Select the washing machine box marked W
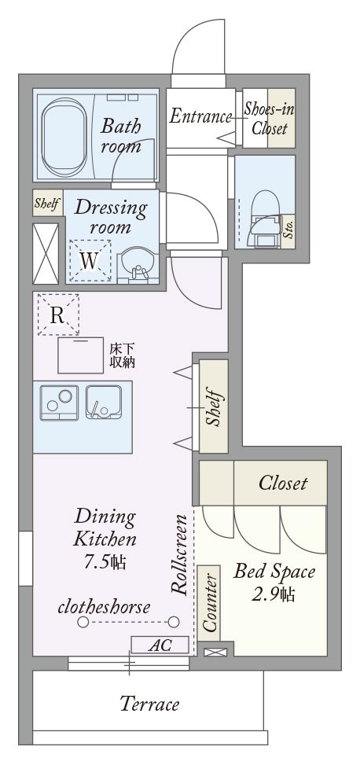pyautogui.click(x=90, y=261)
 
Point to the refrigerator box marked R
pyautogui.click(x=58, y=314)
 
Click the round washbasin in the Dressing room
pyautogui.click(x=137, y=266)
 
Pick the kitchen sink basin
pyautogui.click(x=104, y=403)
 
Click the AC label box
pyautogui.click(x=160, y=645)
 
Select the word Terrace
pyautogui.click(x=150, y=704)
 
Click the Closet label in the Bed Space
pyautogui.click(x=283, y=483)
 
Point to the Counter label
pyautogui.click(x=209, y=602)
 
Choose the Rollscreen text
pyautogui.click(x=179, y=554)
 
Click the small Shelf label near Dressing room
pyautogui.click(x=48, y=203)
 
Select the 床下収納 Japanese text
pyautogui.click(x=122, y=355)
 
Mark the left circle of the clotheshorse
pyautogui.click(x=83, y=622)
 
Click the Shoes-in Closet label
pyautogui.click(x=269, y=118)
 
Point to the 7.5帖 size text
pyautogui.click(x=105, y=562)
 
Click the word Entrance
pyautogui.click(x=200, y=116)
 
